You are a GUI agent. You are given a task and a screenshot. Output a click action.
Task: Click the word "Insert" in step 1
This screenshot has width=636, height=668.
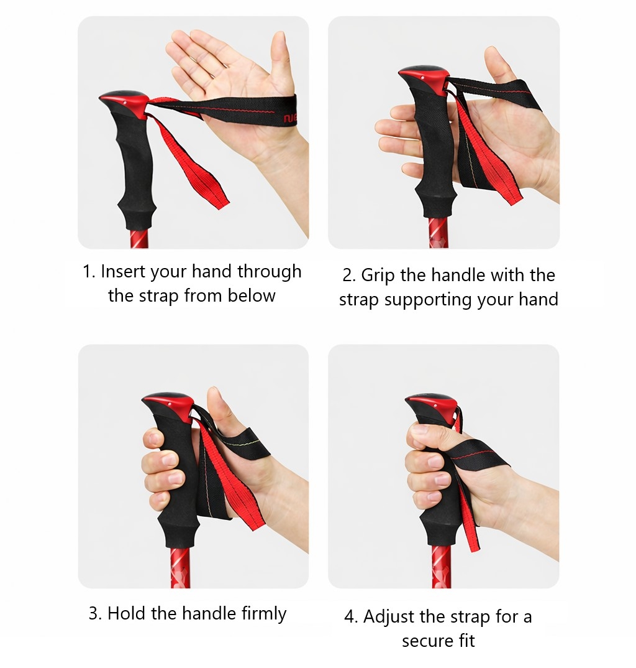[x=124, y=271]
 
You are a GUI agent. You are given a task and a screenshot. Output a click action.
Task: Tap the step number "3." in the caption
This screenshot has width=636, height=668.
[x=95, y=614]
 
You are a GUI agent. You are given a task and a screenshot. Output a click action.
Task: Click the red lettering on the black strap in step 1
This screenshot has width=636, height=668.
[x=291, y=118]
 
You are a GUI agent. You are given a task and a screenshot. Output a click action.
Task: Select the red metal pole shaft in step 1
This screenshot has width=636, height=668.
[x=139, y=239]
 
